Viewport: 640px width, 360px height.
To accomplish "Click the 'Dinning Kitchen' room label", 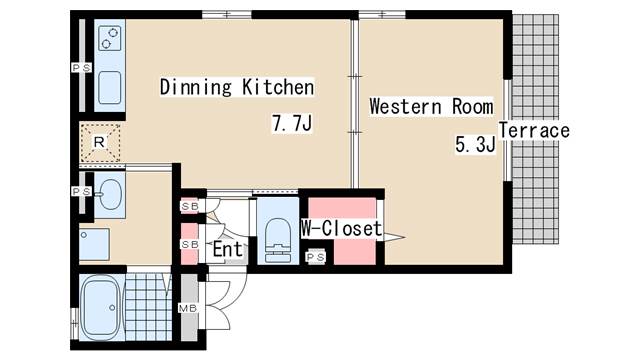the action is tap(237, 87).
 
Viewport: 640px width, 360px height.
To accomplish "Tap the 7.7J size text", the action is tap(292, 123).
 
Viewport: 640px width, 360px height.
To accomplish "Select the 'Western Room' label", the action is tap(431, 107).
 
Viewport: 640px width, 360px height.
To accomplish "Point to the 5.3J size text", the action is tap(475, 144).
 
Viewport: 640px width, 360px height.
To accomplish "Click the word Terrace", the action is tap(534, 131).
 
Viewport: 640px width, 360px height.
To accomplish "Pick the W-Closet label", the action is tap(342, 229).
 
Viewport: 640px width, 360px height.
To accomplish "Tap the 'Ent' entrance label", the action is tap(228, 249).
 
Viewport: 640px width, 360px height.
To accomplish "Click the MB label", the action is tap(188, 309).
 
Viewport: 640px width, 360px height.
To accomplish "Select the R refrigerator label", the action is tap(99, 142).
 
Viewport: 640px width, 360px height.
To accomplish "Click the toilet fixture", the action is tap(278, 240).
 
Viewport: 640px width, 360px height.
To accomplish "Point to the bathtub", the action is tap(101, 307).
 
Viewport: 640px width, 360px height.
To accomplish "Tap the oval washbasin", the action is tap(110, 194).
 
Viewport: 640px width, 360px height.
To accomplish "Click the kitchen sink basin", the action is tap(110, 87).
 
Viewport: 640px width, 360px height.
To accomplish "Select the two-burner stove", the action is tap(110, 38).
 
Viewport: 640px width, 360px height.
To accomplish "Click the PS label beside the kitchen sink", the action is tap(82, 68).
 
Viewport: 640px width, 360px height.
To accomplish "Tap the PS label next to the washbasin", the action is tap(82, 191).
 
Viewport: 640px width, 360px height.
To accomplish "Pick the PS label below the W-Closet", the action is tap(316, 257).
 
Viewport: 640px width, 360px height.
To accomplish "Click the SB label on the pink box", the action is tap(190, 244).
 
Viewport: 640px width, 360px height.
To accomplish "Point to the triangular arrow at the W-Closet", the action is tap(394, 237).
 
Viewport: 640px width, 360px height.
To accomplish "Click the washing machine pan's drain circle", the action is tap(84, 235).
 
